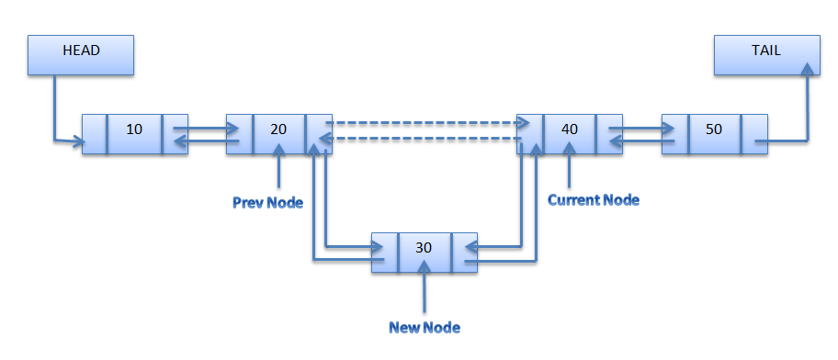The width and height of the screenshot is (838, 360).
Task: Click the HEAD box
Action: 81,54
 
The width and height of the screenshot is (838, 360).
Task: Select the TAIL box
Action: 765,54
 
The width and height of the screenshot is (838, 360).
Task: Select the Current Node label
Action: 593,199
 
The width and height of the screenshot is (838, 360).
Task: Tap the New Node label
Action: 424,327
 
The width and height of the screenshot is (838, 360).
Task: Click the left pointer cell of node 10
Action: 95,134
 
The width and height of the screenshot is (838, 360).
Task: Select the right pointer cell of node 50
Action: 754,134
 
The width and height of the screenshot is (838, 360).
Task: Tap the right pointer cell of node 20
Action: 319,134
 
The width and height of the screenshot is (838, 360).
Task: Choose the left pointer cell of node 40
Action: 529,134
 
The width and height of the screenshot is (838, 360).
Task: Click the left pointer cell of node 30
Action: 385,252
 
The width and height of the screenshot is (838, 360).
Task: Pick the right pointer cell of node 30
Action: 465,252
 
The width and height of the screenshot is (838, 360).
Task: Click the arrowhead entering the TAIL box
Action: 808,70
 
